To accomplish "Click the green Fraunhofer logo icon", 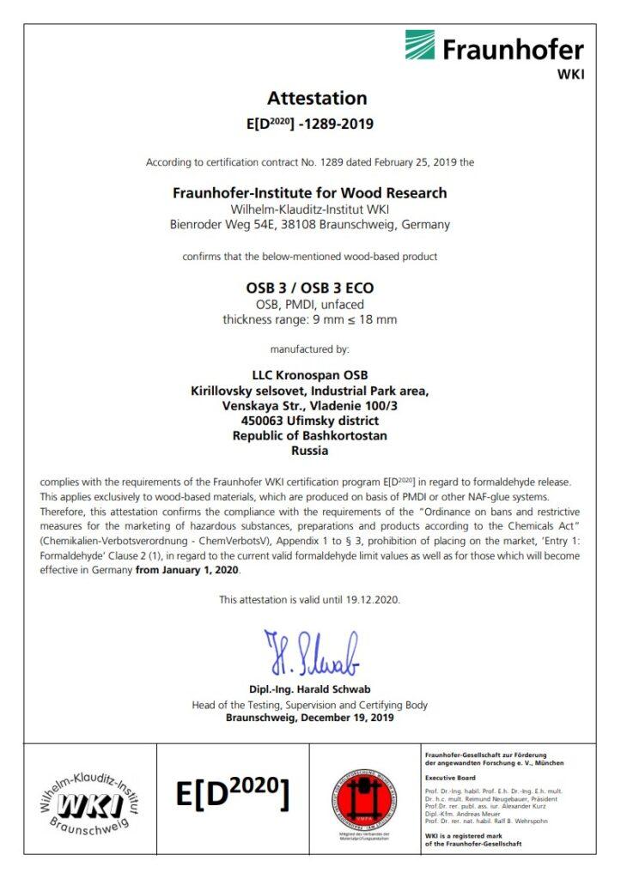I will (x=420, y=45).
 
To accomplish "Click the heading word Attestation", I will (x=316, y=98).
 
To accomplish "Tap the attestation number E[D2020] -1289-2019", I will (x=310, y=124).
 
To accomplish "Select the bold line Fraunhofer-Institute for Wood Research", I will (x=310, y=193).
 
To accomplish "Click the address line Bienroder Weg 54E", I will (x=310, y=225).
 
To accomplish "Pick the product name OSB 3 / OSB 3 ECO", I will (x=310, y=289).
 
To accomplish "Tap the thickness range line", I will (x=310, y=320).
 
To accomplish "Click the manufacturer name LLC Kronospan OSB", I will (x=310, y=376).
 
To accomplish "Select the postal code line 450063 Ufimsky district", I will (x=310, y=421).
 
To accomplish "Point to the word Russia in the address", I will (x=310, y=451).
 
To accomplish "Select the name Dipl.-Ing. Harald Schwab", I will (x=310, y=689).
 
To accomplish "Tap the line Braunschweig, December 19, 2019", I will (x=310, y=718).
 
